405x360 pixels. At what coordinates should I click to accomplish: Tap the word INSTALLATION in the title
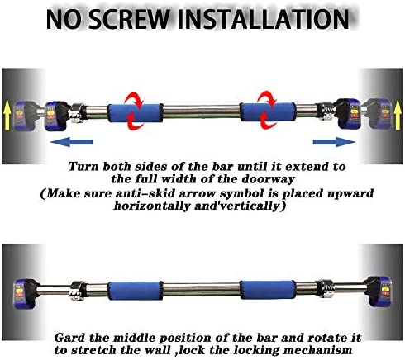click(279, 18)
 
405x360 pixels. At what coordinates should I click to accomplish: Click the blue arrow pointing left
click(71, 142)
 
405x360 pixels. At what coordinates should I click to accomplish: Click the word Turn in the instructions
click(83, 164)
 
